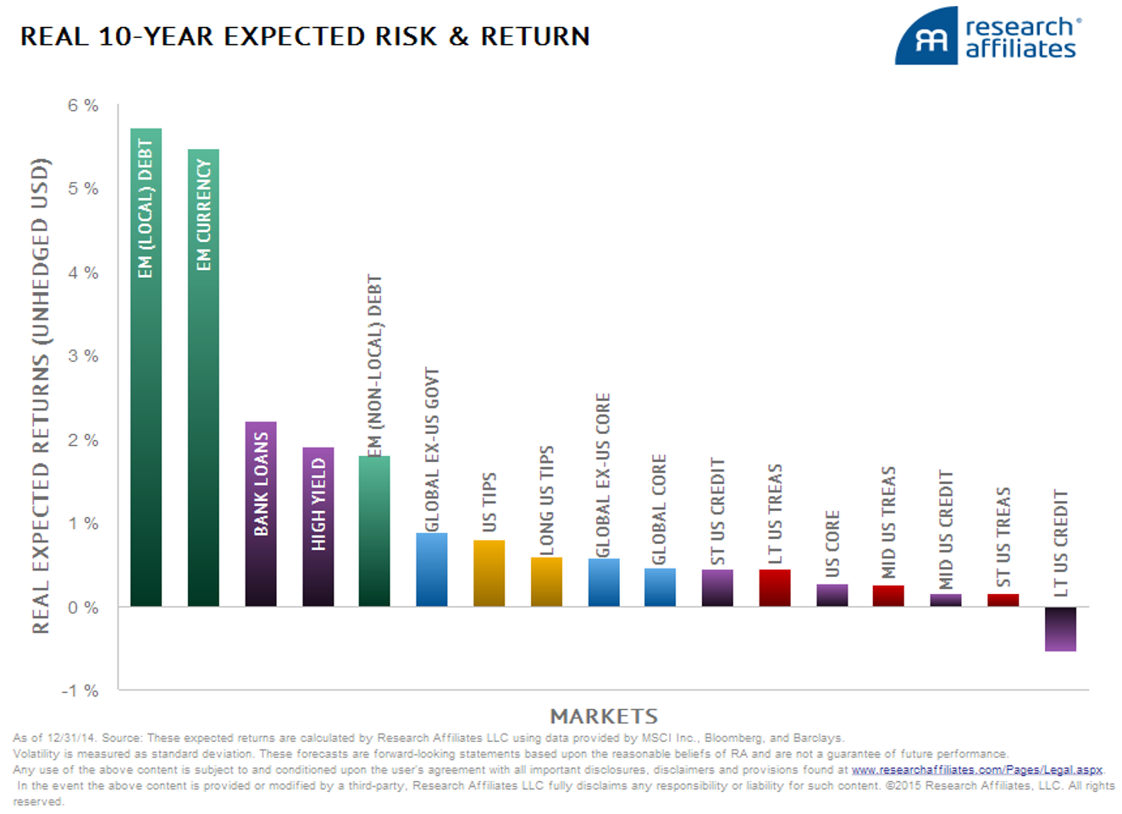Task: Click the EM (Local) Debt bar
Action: pos(146,367)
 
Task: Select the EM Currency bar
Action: pos(203,378)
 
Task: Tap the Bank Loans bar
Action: pos(261,514)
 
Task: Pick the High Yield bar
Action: pos(318,526)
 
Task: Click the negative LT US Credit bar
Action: pos(1060,629)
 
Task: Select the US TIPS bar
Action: pos(489,573)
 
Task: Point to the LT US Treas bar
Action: pos(775,588)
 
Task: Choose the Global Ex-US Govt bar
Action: pos(432,569)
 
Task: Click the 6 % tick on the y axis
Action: pos(83,106)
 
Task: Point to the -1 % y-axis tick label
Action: pos(80,690)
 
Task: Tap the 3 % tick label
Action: pos(83,356)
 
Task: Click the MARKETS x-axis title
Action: pos(604,717)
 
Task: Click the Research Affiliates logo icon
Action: pos(926,36)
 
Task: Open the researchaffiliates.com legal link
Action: pos(976,770)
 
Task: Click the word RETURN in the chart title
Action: pos(535,36)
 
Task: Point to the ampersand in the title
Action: pos(458,36)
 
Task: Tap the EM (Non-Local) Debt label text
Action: pos(374,366)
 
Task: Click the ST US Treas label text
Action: pos(1003,536)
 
